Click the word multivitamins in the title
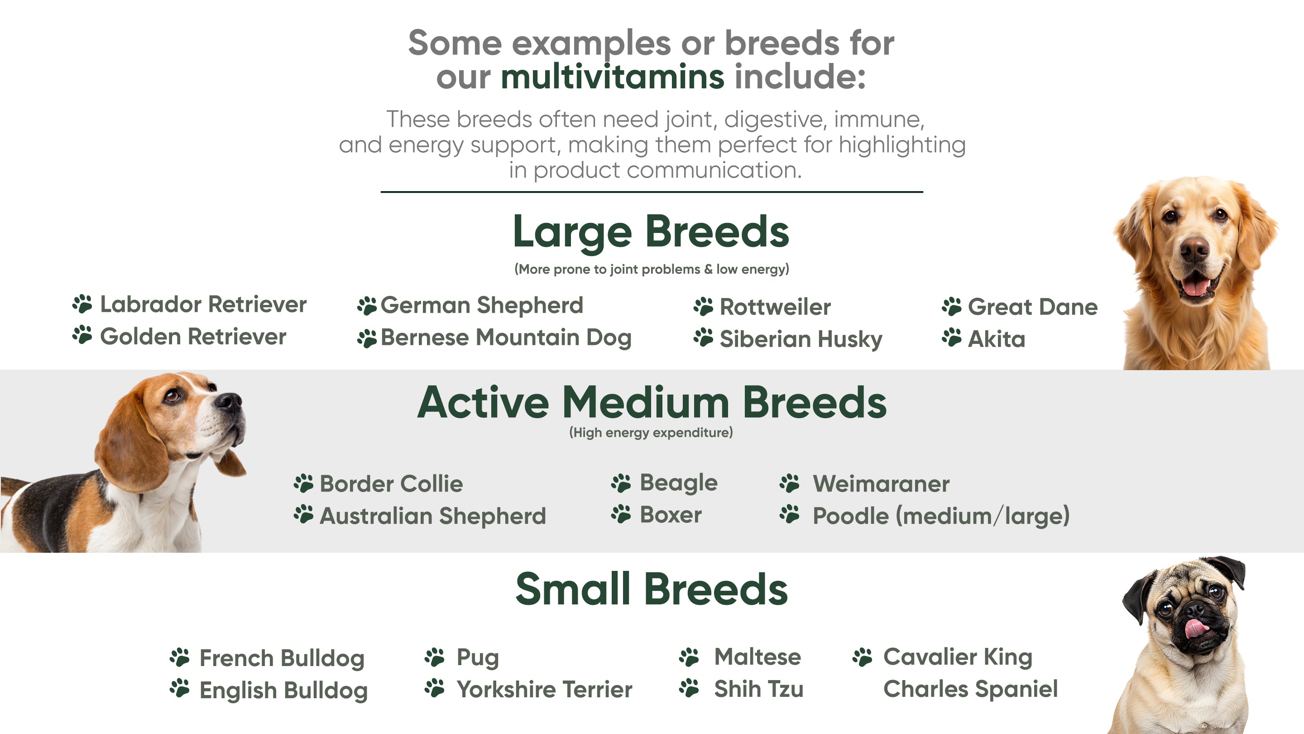click(x=613, y=77)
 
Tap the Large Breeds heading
click(x=651, y=232)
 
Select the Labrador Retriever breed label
click(x=203, y=304)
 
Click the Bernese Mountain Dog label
click(x=506, y=338)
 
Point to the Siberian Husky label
click(x=801, y=339)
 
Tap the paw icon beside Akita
click(x=952, y=338)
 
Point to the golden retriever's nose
click(x=1194, y=249)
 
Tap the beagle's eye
click(x=172, y=396)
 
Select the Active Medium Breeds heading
click(x=652, y=402)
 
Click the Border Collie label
click(x=391, y=484)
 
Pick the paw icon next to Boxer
click(x=621, y=514)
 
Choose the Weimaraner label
click(x=881, y=484)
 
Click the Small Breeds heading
click(x=652, y=589)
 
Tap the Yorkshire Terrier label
click(x=545, y=690)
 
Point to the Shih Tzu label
click(x=759, y=689)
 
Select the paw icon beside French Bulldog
click(x=180, y=657)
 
